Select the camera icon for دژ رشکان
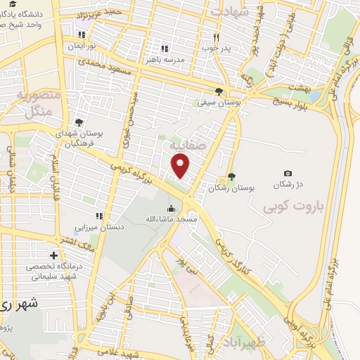coord(288,174)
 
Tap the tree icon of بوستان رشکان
coord(232,177)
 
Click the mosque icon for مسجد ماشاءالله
coord(171,208)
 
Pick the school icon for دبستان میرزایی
coord(99,216)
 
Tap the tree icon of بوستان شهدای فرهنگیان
coord(79,122)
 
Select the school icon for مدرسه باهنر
coord(164,49)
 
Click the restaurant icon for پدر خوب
coord(217,37)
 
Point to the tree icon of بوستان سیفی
coord(219,91)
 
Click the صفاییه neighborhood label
coord(184,144)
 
